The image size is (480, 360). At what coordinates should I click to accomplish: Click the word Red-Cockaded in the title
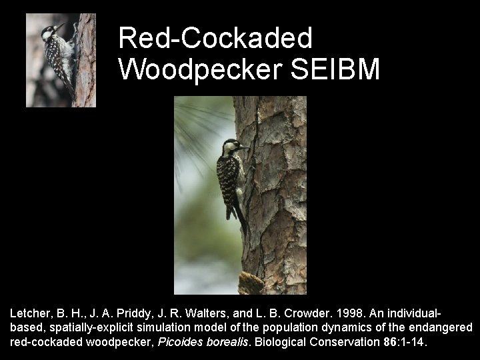coord(215,39)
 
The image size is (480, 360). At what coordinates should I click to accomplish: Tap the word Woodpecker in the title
coord(201,69)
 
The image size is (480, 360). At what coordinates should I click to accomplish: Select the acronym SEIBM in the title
coord(336,69)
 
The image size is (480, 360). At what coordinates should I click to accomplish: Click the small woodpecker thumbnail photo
coord(61,61)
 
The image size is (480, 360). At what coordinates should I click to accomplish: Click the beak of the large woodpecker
coord(244,146)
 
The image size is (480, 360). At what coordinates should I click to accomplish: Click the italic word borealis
coord(225,342)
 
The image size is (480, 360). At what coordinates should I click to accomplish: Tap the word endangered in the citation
coord(441,327)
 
